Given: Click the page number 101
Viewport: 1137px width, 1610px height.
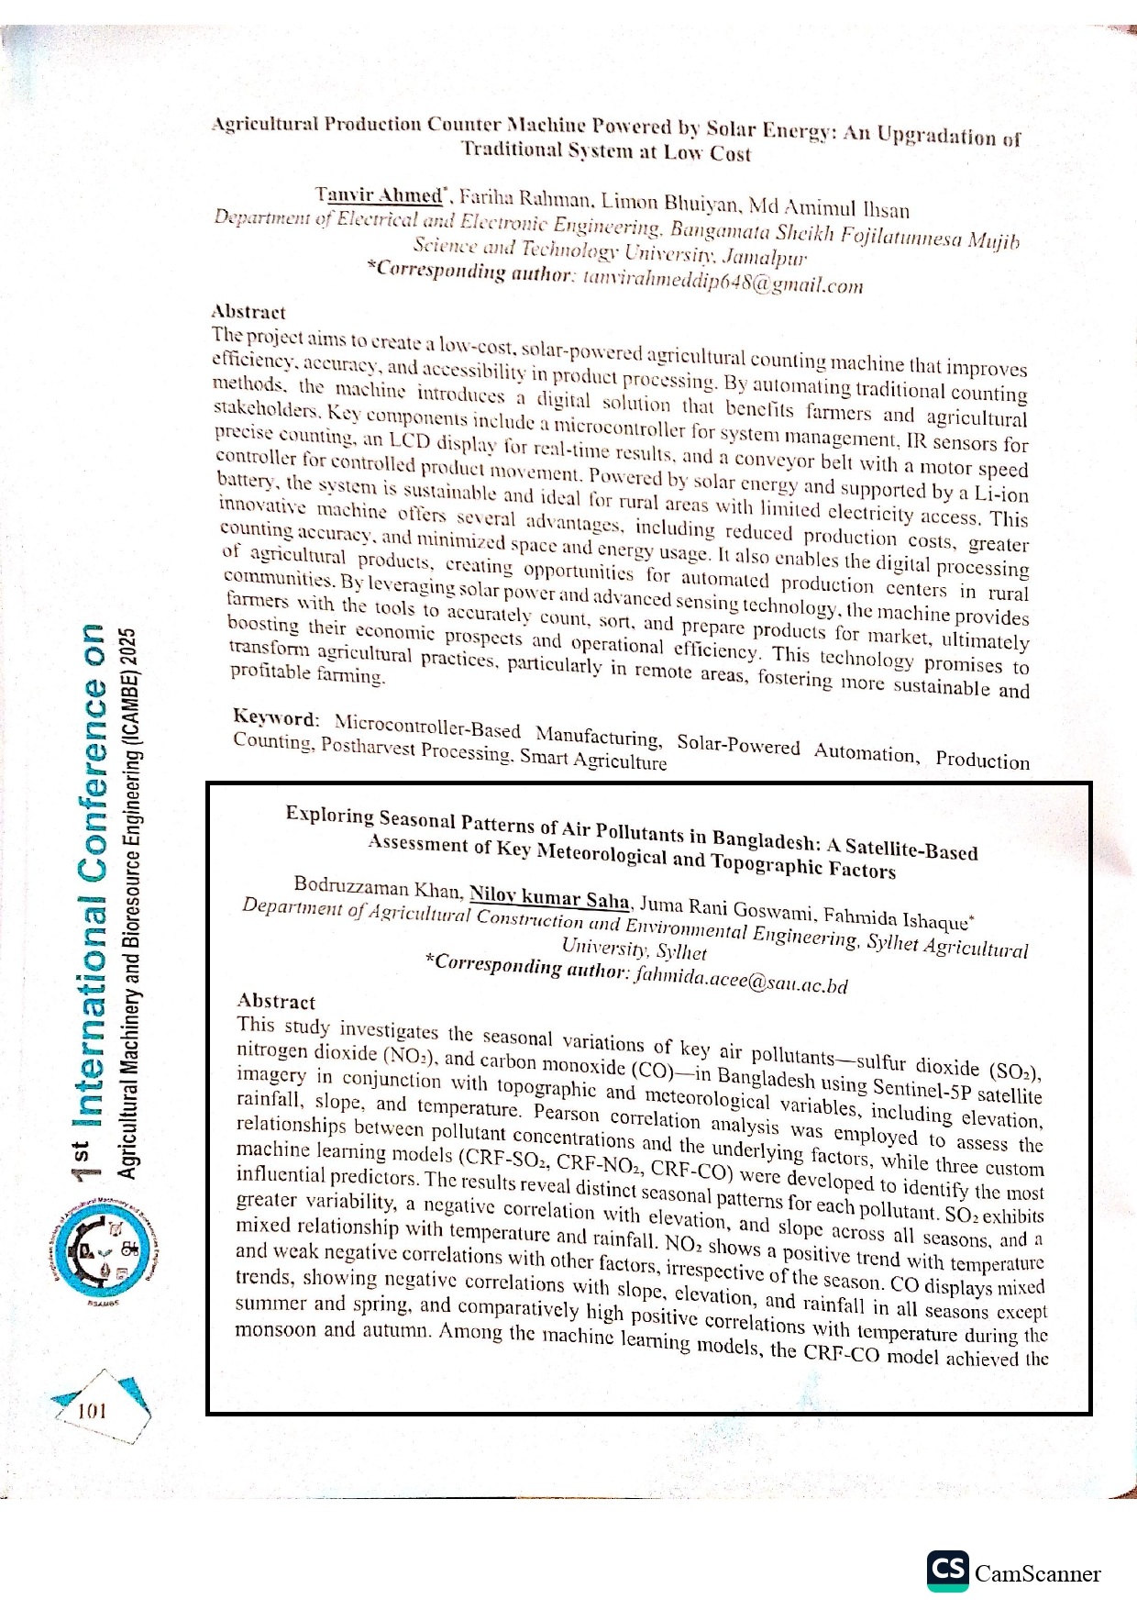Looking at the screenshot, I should point(92,1411).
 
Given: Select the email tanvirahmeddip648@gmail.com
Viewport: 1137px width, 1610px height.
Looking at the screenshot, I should point(723,282).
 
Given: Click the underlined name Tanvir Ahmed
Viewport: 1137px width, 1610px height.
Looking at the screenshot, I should point(379,194).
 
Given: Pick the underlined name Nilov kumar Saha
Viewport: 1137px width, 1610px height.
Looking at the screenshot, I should point(549,897).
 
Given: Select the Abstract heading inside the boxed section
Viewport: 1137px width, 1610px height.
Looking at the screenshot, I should point(276,1002).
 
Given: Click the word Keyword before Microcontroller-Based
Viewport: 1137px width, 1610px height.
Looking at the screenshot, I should point(274,717).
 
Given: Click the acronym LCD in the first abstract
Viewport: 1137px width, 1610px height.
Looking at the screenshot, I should point(408,439).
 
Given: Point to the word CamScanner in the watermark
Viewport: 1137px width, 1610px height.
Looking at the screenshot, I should point(1037,1574).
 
